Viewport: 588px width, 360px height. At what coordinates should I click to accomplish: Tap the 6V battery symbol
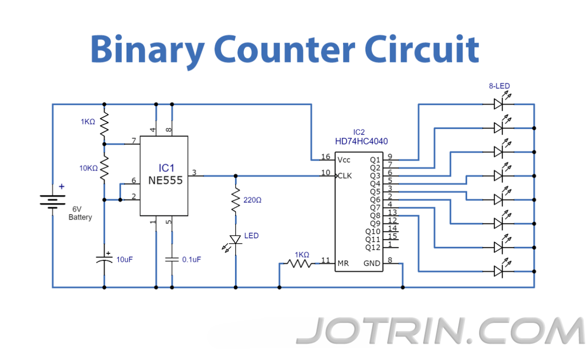(53, 200)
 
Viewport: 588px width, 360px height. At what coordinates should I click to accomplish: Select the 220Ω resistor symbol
(235, 200)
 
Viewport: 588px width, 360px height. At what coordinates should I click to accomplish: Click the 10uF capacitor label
(124, 260)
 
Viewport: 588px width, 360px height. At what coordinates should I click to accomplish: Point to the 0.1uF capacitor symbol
(172, 259)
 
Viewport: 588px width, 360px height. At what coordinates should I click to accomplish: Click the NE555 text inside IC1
(165, 180)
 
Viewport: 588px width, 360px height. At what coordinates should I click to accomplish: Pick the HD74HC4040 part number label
(361, 141)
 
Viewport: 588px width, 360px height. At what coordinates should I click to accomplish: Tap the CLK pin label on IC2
(345, 176)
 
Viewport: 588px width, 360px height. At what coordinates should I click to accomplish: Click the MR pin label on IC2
(343, 263)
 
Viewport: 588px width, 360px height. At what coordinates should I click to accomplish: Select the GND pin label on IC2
(371, 263)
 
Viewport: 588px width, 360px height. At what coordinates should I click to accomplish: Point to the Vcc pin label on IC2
(344, 160)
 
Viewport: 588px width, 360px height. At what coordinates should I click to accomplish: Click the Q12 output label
(372, 247)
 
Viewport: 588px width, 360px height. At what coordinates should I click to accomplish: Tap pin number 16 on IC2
(325, 157)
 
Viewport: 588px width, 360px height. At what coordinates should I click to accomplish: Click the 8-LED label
(499, 86)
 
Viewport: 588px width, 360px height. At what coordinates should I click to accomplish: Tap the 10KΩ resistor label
(88, 168)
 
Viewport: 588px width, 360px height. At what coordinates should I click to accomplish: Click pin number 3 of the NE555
(194, 172)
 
